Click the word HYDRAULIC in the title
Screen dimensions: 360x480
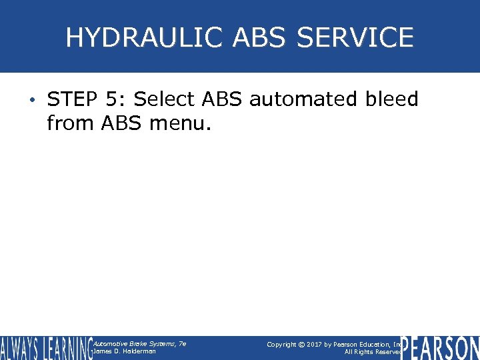tap(145, 37)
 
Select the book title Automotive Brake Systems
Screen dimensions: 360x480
tap(139, 343)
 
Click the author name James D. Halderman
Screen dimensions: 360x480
tap(125, 351)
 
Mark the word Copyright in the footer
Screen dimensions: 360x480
tap(281, 344)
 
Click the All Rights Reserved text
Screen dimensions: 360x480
tap(373, 352)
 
